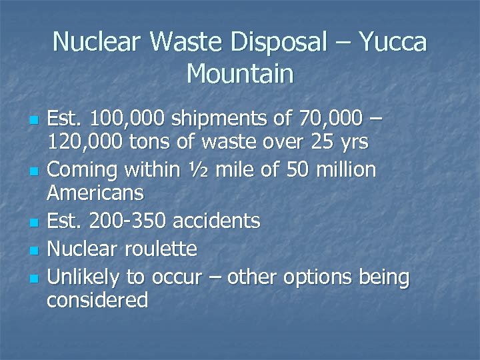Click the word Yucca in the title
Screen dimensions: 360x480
coord(393,43)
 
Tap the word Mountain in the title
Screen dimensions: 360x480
coord(240,73)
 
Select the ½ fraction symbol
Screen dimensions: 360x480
coord(191,170)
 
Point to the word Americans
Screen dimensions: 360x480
coord(95,193)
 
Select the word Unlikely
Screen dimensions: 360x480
coord(85,277)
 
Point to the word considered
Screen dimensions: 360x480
coord(97,300)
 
